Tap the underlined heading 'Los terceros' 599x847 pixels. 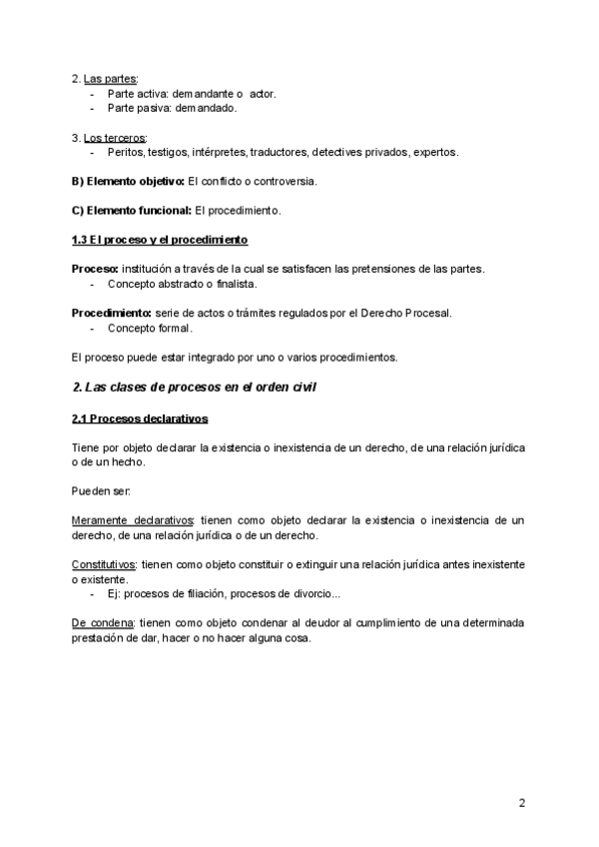(x=115, y=137)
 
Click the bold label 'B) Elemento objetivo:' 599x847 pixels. (x=128, y=181)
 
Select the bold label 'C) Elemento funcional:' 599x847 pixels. (x=129, y=211)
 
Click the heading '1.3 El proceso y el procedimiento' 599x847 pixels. (x=160, y=241)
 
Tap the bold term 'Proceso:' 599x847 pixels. (x=95, y=269)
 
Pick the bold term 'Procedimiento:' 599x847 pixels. (x=111, y=313)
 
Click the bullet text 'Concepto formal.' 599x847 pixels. (x=151, y=328)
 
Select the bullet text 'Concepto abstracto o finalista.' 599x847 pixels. (x=175, y=284)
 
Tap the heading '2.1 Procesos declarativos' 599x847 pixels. (x=140, y=418)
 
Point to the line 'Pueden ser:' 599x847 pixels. (x=100, y=490)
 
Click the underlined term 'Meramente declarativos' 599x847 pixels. (x=133, y=520)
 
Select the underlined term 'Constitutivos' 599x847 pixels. (x=104, y=564)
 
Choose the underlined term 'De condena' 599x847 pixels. (x=103, y=623)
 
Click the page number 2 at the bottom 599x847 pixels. (x=522, y=802)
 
